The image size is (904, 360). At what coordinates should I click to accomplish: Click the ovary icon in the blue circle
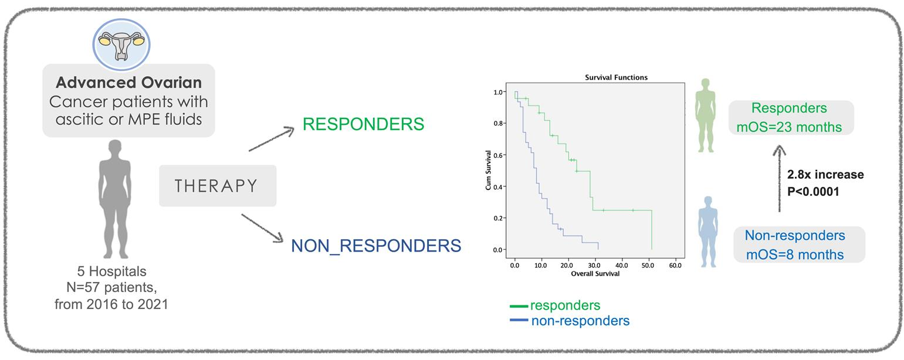(x=121, y=45)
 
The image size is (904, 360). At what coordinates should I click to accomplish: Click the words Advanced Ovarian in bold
(x=128, y=83)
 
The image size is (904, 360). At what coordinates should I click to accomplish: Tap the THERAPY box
(x=217, y=186)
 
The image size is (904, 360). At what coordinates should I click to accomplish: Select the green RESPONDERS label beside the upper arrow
(x=363, y=124)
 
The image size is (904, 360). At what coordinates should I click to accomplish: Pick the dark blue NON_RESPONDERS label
(x=376, y=246)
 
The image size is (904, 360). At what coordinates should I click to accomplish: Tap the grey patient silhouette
(x=114, y=199)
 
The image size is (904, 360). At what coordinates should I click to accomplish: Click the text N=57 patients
(x=111, y=288)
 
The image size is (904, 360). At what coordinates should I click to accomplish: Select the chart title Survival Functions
(x=616, y=77)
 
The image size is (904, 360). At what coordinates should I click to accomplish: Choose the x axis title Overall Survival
(x=595, y=273)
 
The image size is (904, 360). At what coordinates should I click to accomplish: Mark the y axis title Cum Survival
(x=489, y=170)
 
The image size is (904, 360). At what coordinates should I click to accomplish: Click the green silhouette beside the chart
(x=705, y=116)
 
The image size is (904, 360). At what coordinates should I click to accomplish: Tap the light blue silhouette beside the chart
(x=708, y=232)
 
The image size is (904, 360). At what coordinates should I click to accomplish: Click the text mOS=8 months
(x=795, y=254)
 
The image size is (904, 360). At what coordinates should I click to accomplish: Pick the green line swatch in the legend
(x=519, y=306)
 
